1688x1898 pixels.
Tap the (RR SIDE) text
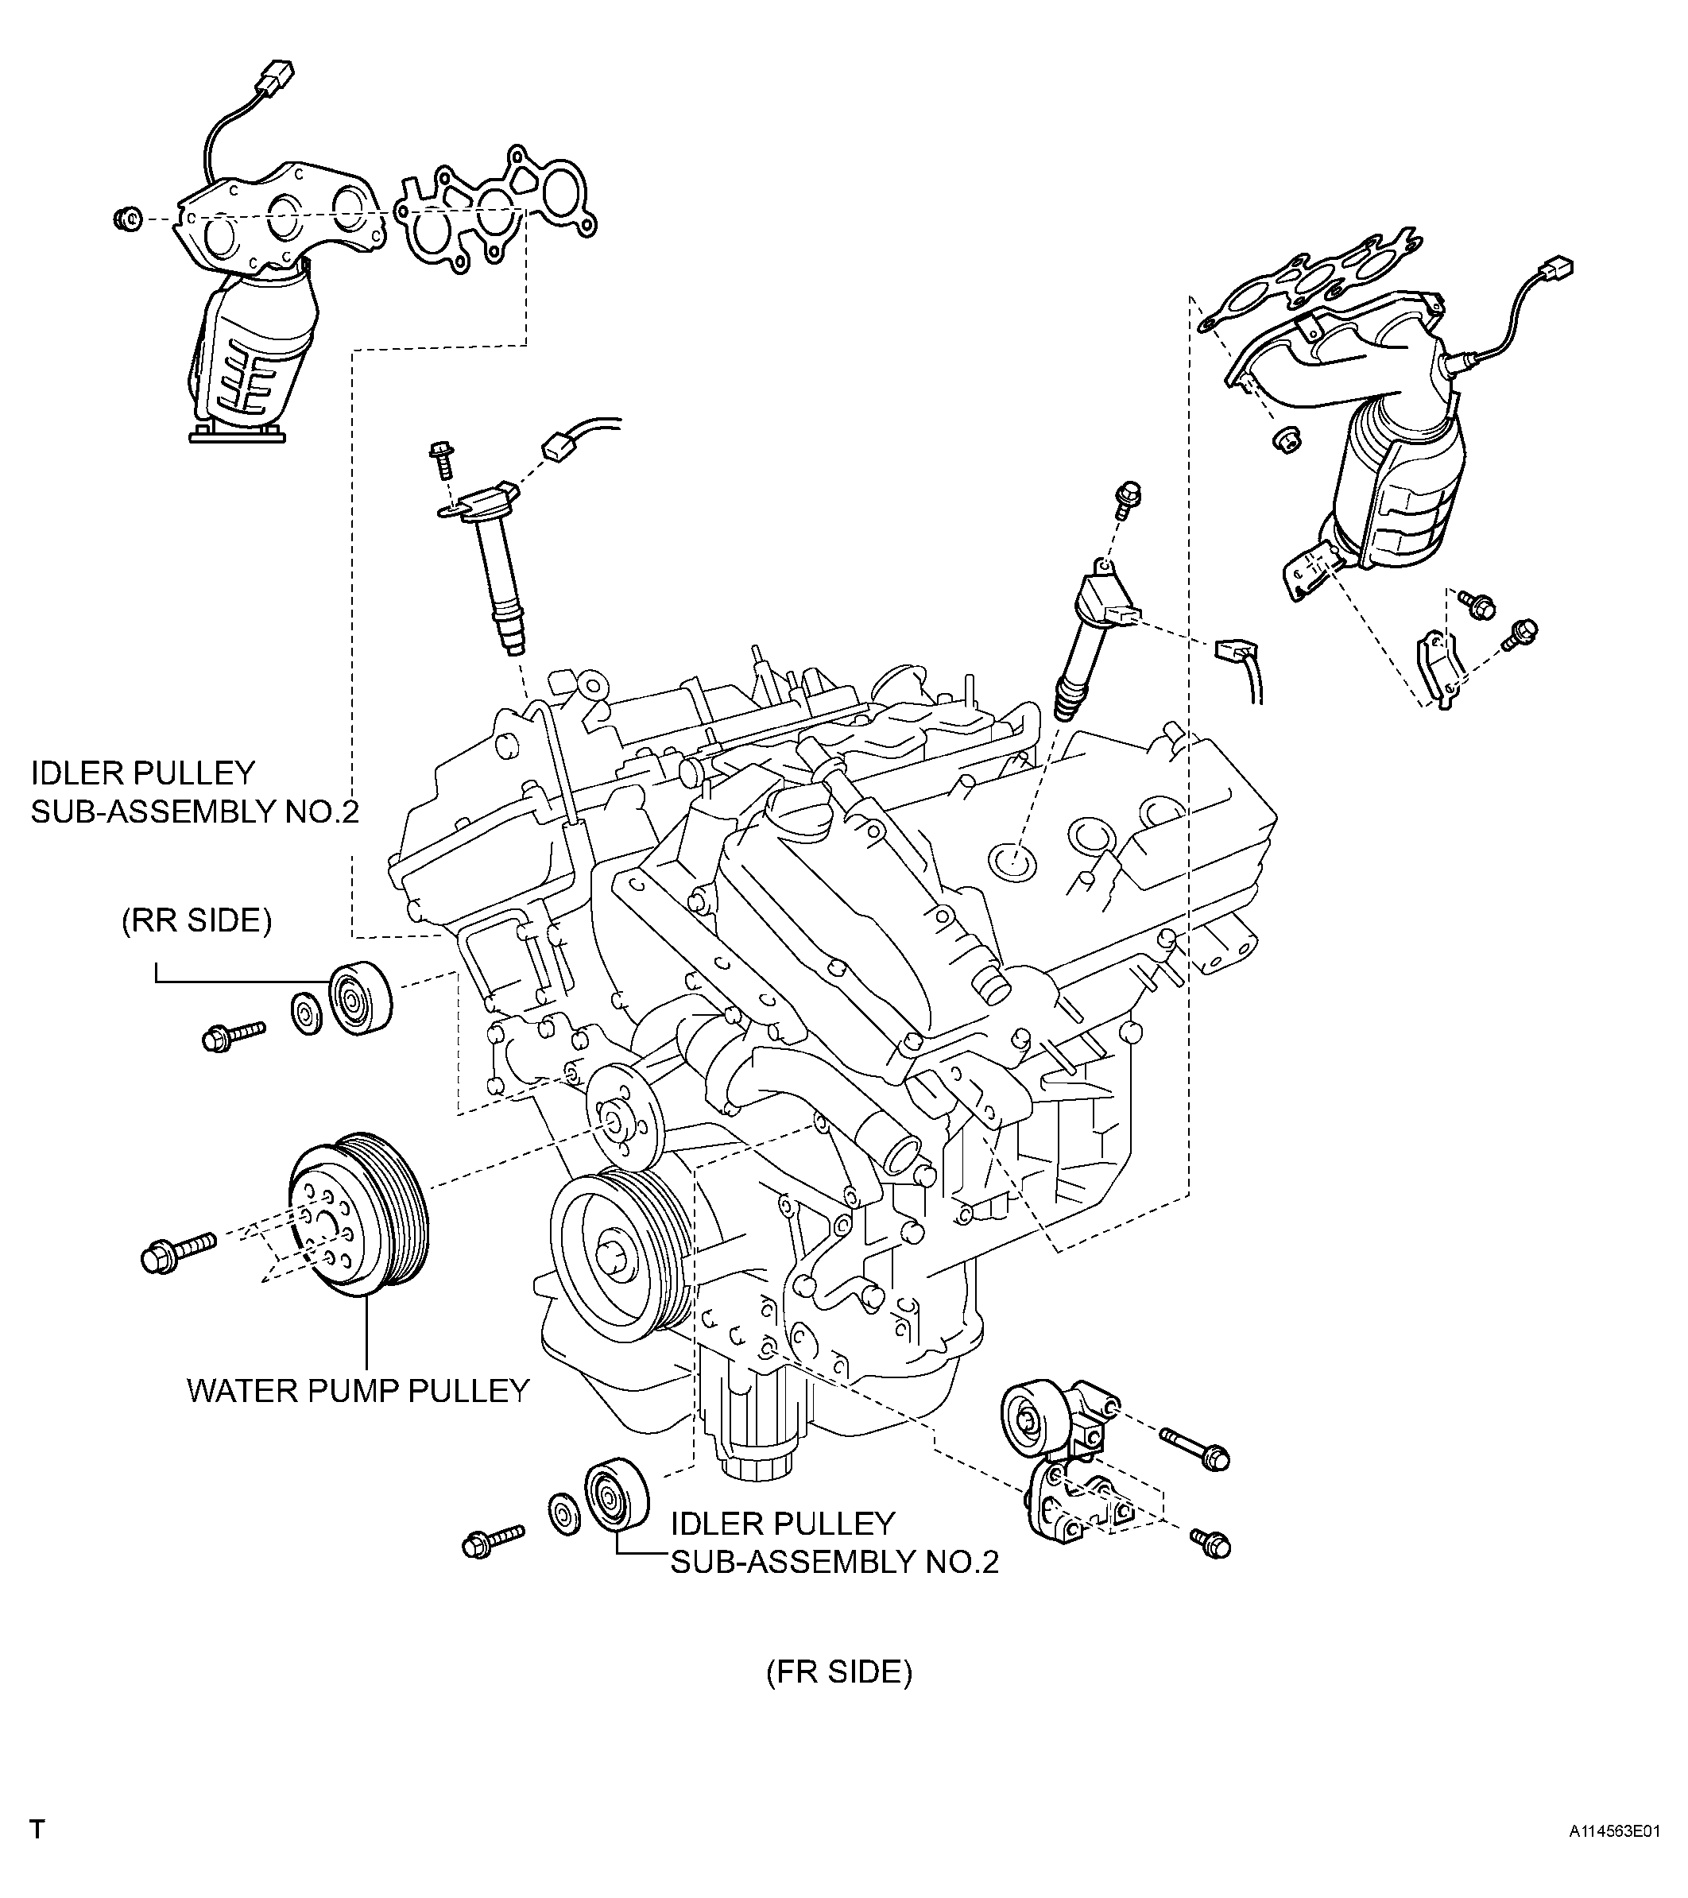point(197,921)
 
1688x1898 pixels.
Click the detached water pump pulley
point(358,1213)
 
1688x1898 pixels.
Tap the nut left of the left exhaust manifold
point(126,220)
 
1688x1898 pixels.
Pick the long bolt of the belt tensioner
point(1193,1451)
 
